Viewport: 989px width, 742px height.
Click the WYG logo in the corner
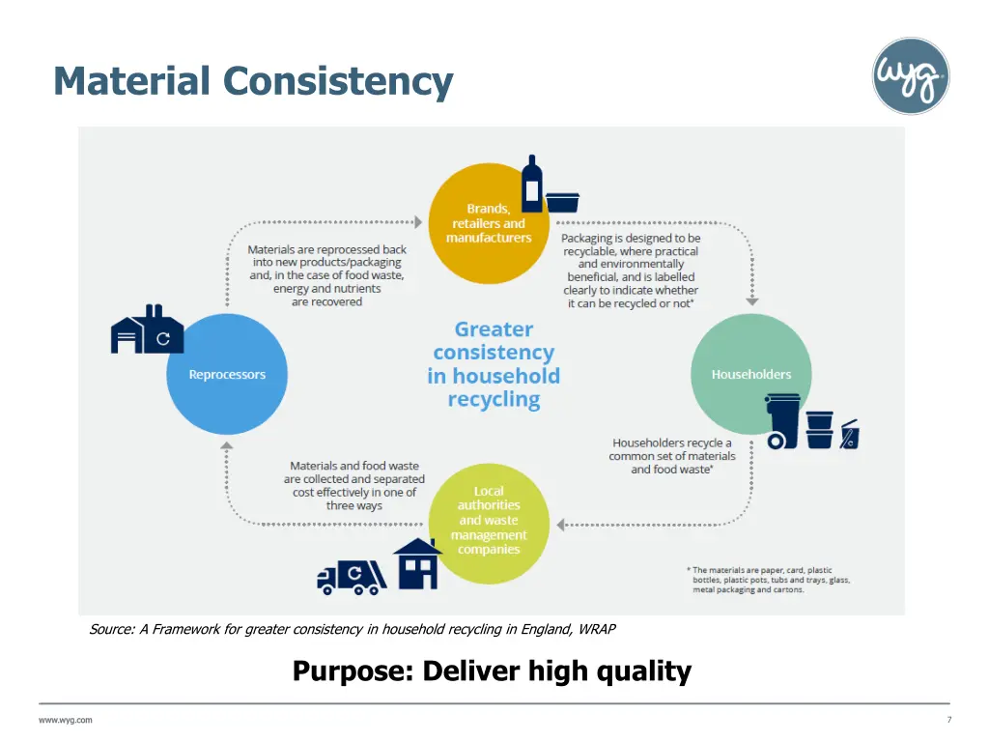[911, 76]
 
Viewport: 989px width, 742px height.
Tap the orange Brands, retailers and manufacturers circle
[488, 224]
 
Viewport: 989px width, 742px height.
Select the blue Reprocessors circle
[227, 375]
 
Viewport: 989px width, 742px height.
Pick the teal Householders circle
[750, 375]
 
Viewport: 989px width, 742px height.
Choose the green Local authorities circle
[489, 523]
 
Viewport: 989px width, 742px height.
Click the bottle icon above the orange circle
[532, 184]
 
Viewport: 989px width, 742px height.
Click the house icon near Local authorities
[417, 563]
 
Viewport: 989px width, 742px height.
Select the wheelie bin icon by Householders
[783, 421]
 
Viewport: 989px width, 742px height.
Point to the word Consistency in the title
[338, 81]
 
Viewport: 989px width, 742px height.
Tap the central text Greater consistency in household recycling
[494, 364]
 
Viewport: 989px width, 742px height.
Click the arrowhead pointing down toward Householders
[752, 300]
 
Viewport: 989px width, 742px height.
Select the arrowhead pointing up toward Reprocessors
[226, 446]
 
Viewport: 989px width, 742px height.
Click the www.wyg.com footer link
[66, 720]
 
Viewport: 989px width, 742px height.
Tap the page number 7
[949, 720]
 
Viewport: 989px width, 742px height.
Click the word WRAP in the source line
[597, 629]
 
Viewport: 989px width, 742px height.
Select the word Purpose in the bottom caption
[352, 671]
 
